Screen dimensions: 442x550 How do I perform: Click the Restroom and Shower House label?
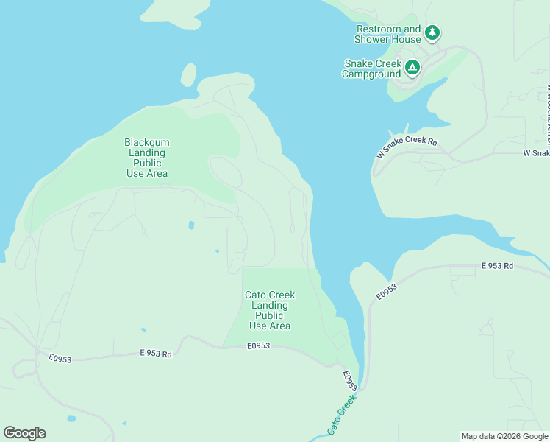coord(387,34)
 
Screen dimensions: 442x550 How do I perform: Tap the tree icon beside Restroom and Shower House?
coord(432,32)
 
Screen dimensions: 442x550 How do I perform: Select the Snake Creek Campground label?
coord(372,69)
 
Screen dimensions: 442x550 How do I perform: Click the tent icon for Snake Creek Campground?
coord(413,68)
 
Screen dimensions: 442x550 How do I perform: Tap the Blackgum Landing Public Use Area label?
coord(146,158)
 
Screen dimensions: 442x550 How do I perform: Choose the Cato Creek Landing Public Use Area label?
coord(270,310)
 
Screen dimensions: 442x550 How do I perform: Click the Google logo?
coord(24,433)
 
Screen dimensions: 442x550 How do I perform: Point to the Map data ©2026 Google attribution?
coord(504,436)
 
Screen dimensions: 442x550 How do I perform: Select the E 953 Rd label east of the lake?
coord(497,265)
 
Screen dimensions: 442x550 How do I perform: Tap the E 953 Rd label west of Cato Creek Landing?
coord(155,354)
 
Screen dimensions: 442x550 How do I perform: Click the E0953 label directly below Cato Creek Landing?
coord(259,345)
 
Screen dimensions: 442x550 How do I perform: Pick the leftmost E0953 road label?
coord(60,358)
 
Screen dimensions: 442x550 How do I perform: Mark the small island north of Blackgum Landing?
coord(188,75)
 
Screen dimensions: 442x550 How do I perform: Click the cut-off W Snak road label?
coord(536,153)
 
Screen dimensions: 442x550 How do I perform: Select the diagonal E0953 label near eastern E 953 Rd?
coord(386,292)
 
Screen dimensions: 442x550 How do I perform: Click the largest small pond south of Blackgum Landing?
coord(191,225)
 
